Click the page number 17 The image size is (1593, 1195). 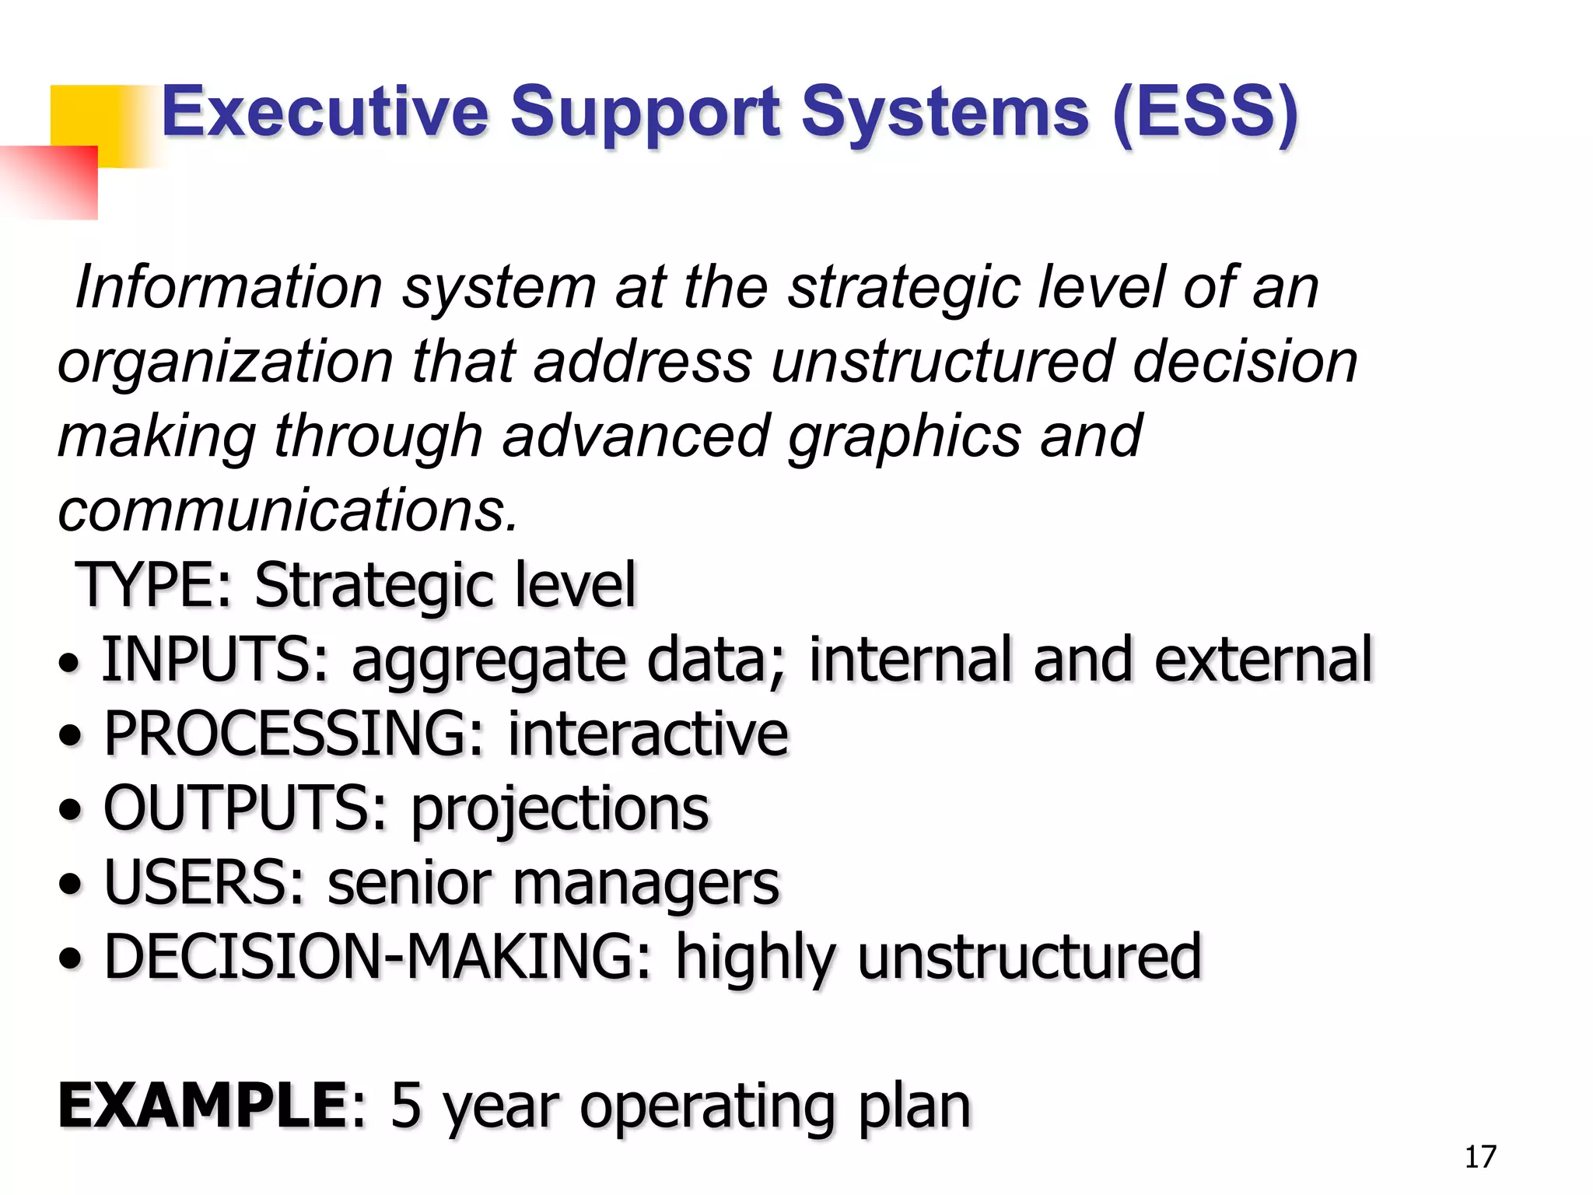point(1479,1157)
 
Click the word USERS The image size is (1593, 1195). point(204,883)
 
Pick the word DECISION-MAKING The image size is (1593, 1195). point(377,957)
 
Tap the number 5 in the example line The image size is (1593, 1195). point(405,1106)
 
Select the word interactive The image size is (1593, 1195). point(648,734)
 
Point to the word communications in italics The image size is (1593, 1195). point(288,510)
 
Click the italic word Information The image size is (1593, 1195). point(229,287)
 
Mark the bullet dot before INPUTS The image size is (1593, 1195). point(69,663)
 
